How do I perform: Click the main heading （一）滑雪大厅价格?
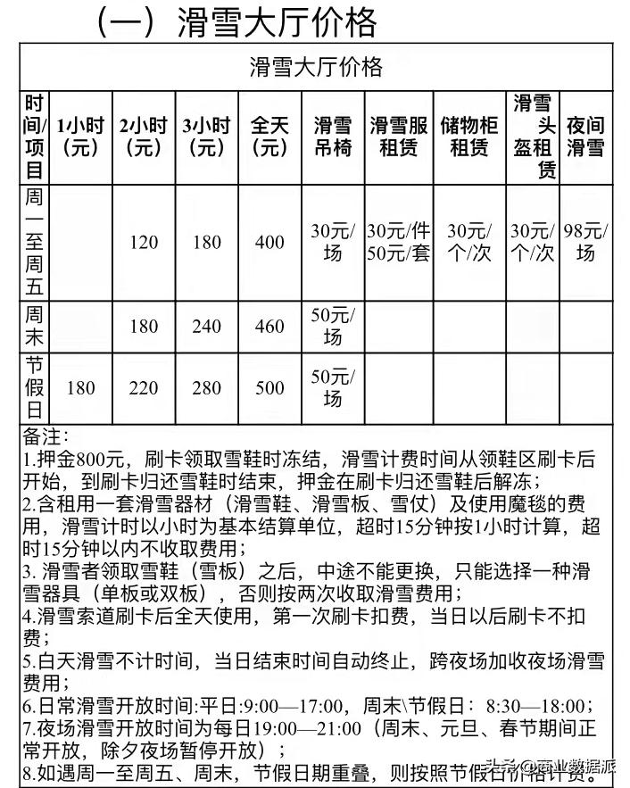[x=236, y=21]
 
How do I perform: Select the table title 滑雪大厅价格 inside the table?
[x=315, y=66]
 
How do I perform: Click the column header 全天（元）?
[x=269, y=137]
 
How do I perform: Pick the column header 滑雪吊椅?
[x=332, y=137]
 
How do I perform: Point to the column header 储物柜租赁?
[x=469, y=137]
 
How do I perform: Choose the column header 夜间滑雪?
[x=585, y=137]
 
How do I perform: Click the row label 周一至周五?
[x=35, y=242]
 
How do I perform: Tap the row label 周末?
[x=35, y=327]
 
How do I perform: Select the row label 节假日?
[x=35, y=389]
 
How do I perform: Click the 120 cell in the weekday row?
[x=143, y=243]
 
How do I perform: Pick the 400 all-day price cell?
[x=269, y=243]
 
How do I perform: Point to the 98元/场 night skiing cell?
[x=585, y=243]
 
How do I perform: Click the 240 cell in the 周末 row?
[x=206, y=327]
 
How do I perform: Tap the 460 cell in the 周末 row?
[x=269, y=327]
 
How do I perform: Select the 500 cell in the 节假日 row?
[x=269, y=389]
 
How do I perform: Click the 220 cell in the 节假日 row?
[x=143, y=389]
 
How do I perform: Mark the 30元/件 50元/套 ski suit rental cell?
[x=398, y=243]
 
